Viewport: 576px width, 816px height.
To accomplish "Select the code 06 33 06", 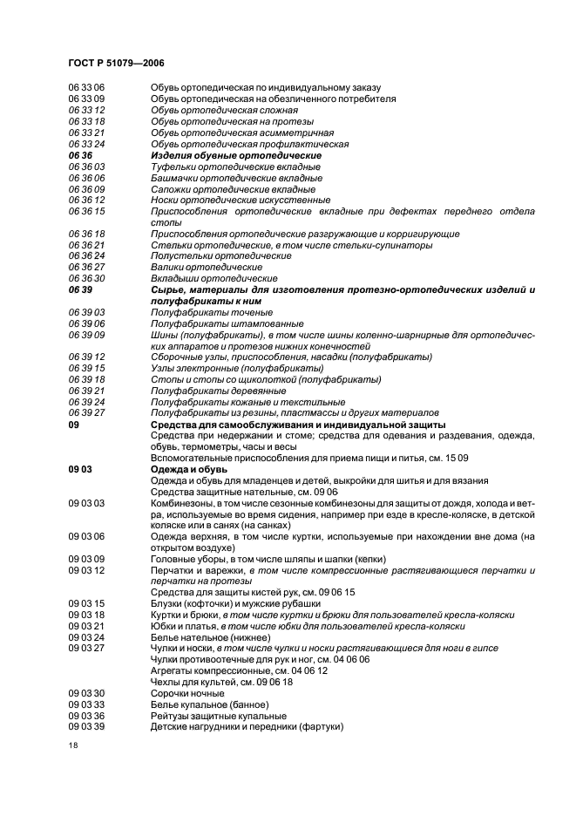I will click(86, 88).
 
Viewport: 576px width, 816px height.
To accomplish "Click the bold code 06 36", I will click(80, 155).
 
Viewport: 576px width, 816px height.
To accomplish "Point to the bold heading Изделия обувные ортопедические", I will click(235, 155).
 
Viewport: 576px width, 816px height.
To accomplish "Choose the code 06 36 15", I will click(86, 212).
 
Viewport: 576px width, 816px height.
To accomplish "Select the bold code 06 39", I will click(80, 289).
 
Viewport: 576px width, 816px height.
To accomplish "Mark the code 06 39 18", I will click(86, 379).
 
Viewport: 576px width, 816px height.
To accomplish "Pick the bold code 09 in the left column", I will click(73, 425).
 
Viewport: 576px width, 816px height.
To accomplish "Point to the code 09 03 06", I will click(86, 536).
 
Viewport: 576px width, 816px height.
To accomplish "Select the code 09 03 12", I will click(86, 570).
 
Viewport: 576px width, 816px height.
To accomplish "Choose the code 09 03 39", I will click(86, 726).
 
